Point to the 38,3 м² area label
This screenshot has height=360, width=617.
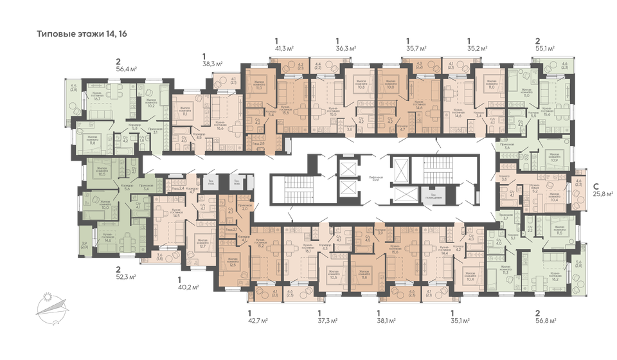tap(212, 64)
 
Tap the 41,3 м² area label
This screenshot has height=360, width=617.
tap(285, 48)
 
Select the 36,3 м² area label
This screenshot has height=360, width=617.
tap(346, 48)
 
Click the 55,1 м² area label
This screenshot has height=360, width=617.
tap(544, 48)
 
